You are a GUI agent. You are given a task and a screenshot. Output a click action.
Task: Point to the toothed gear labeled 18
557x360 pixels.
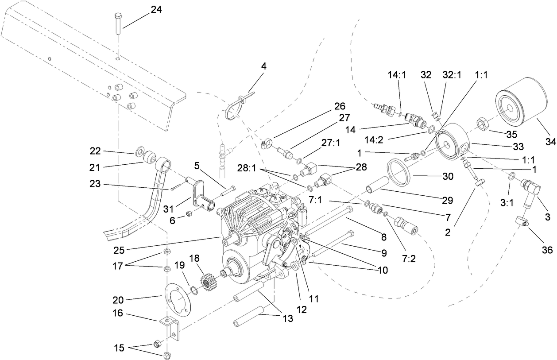(208, 282)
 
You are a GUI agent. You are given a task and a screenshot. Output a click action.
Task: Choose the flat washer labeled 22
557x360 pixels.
(139, 153)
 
